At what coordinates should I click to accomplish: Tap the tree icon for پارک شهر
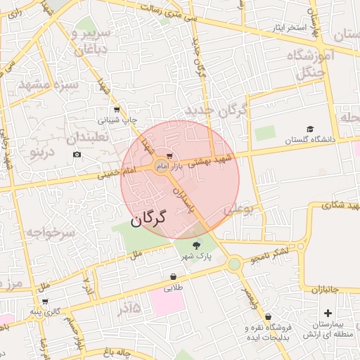[x=195, y=245]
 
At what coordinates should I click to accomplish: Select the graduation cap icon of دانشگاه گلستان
[x=310, y=129]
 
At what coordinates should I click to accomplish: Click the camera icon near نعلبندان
[x=77, y=154]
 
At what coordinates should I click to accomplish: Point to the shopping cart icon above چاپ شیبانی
[x=117, y=109]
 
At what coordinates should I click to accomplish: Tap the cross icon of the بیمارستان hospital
[x=328, y=312]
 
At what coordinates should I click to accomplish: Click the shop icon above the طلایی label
[x=173, y=276]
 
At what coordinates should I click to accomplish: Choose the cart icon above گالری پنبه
[x=45, y=301]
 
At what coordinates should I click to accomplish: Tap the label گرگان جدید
[x=217, y=112]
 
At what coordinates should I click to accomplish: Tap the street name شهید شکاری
[x=330, y=205]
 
